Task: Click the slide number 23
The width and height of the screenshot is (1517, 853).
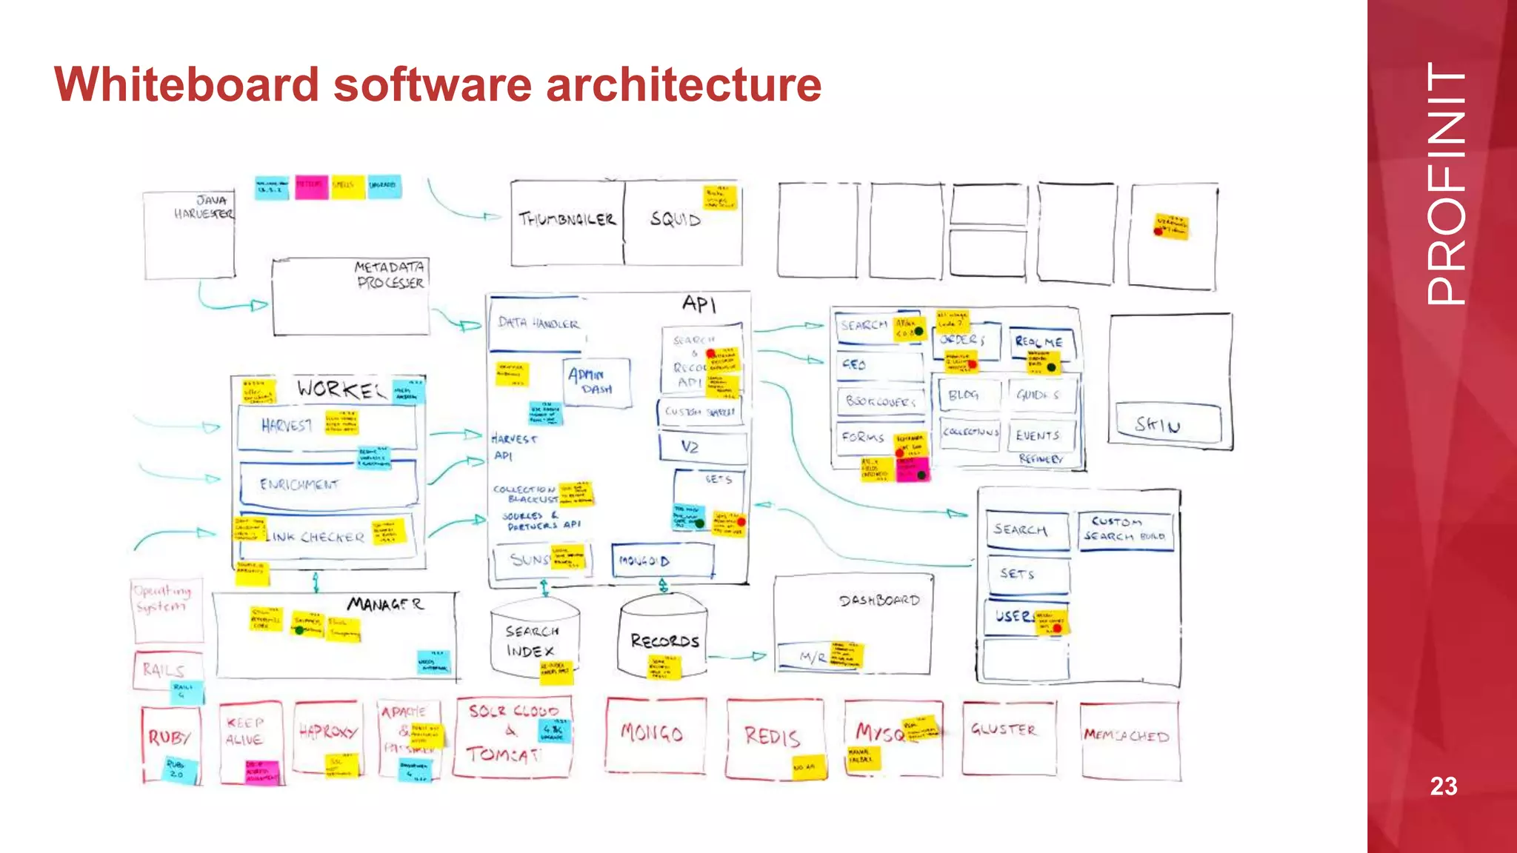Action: [x=1443, y=786]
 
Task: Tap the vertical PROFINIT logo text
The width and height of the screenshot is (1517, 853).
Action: [x=1445, y=184]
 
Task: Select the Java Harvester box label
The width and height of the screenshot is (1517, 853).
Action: [x=204, y=207]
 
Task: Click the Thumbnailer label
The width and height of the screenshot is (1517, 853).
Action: [x=567, y=219]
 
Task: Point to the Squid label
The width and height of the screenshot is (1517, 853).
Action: [x=675, y=219]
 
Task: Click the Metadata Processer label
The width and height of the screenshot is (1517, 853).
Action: [x=390, y=275]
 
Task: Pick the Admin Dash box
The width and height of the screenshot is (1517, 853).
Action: [x=597, y=382]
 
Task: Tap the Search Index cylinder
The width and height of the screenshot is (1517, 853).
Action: [x=533, y=640]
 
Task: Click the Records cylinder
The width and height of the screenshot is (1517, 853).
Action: [x=664, y=640]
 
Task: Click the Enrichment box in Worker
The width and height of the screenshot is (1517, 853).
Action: [x=326, y=484]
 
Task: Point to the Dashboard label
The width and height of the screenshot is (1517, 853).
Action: [x=879, y=601]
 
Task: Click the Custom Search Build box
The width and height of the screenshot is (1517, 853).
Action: [x=1124, y=530]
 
